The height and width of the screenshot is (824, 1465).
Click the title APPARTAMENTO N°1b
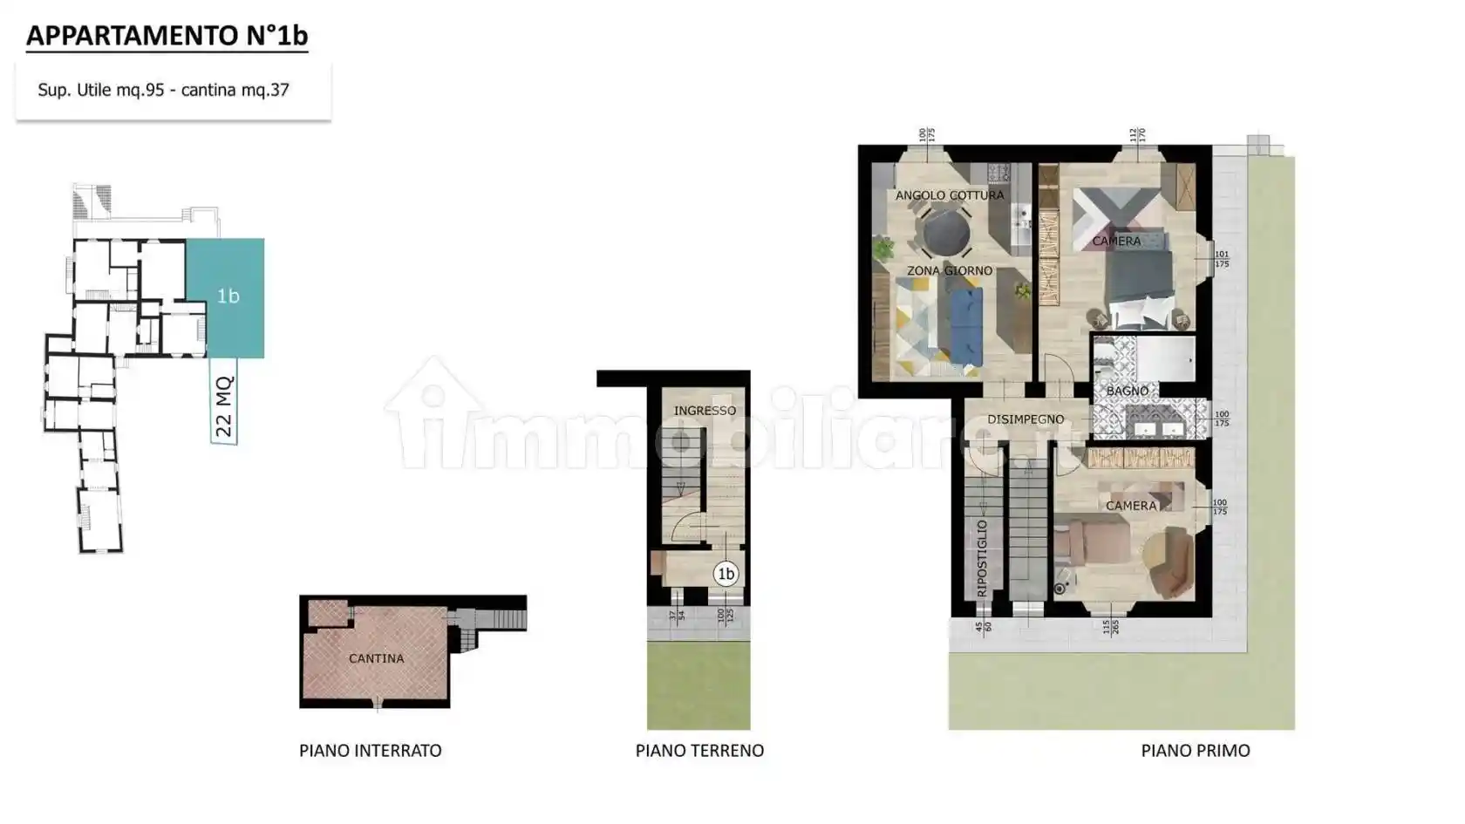tap(167, 36)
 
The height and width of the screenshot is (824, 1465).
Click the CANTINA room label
tap(376, 658)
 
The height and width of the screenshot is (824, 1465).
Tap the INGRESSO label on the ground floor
tap(705, 411)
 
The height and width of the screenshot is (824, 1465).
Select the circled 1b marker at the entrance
tap(726, 574)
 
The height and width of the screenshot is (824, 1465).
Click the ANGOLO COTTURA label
tap(950, 195)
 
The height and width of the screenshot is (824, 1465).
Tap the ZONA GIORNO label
tap(949, 271)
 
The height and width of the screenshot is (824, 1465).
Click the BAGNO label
tap(1127, 392)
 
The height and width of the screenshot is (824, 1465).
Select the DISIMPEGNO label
tap(1025, 419)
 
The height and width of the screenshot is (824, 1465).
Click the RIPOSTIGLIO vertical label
tap(982, 558)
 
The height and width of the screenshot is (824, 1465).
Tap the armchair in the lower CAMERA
tap(1170, 562)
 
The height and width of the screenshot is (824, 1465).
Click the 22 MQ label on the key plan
tap(224, 406)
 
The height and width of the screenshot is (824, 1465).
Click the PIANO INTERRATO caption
tap(370, 751)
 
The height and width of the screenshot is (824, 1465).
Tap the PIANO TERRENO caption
tap(699, 751)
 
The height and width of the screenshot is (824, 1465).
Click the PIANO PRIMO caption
tap(1195, 751)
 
